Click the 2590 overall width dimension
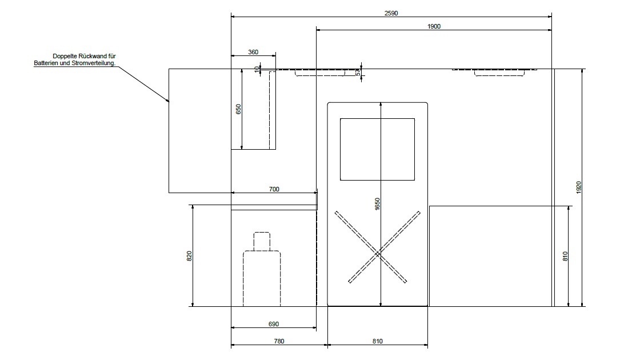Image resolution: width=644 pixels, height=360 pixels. [x=391, y=13]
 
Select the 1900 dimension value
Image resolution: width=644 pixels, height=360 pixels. [x=434, y=26]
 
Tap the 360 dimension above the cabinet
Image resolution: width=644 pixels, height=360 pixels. [x=253, y=52]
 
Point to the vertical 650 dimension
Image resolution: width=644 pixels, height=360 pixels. [x=238, y=109]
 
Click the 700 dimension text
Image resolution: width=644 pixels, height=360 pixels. [x=274, y=189]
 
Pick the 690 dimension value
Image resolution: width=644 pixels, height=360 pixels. [x=274, y=324]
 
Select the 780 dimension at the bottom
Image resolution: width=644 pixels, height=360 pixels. [x=279, y=341]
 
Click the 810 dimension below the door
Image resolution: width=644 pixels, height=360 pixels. [x=378, y=341]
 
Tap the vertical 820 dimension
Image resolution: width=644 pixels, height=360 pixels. [x=189, y=256]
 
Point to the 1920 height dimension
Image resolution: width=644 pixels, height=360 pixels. [x=579, y=187]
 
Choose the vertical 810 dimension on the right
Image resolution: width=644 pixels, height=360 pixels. [x=565, y=256]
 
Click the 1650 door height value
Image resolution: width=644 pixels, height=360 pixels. [x=378, y=204]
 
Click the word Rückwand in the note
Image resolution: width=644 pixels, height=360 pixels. [x=95, y=56]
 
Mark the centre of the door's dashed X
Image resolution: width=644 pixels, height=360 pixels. [x=378, y=255]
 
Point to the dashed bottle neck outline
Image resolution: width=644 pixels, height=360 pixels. [x=262, y=241]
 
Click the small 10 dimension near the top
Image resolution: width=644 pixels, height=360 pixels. [x=258, y=69]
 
